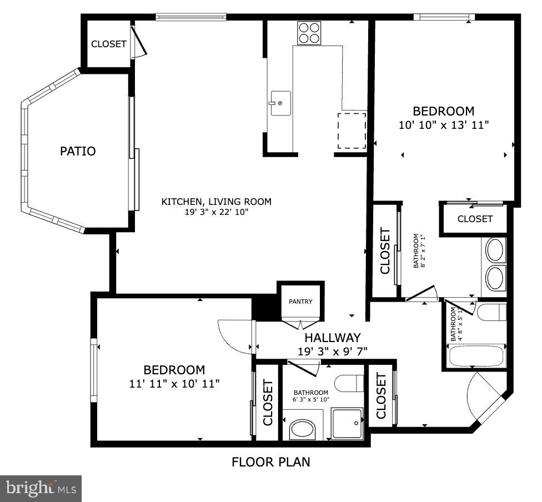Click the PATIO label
[78, 151]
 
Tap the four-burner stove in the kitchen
[309, 33]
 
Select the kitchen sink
[280, 103]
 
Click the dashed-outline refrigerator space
[352, 130]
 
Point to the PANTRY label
[300, 302]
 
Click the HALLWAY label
[333, 338]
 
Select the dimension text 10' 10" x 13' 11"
[444, 125]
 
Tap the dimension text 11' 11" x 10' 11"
[174, 383]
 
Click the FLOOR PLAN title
[271, 462]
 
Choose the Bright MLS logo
[41, 489]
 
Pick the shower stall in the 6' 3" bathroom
[347, 424]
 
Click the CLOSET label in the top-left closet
[108, 44]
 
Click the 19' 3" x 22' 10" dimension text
[217, 212]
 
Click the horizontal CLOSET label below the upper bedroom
[475, 219]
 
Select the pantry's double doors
[300, 325]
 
